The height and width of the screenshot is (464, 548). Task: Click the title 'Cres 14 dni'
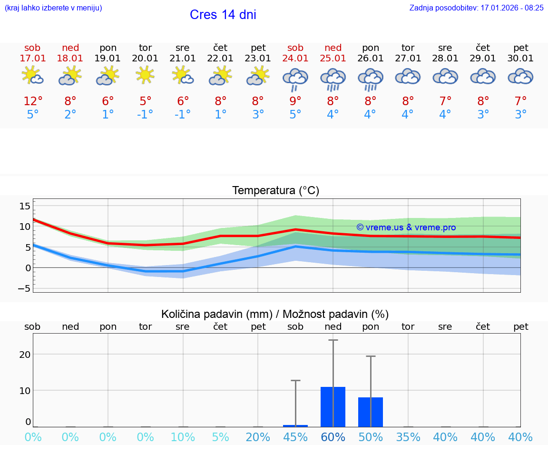(223, 15)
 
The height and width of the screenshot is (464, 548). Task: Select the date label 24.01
(295, 58)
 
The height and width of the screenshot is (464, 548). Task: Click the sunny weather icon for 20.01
(145, 75)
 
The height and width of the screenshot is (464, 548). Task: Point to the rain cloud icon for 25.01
(333, 78)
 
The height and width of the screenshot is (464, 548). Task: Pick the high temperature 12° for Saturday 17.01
(33, 101)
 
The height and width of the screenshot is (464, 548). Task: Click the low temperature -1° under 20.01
(145, 114)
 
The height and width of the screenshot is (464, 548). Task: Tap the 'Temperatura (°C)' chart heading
(275, 191)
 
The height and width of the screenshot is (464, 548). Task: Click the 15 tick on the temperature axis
(25, 206)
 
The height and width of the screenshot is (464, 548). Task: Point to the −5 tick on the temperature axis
(25, 288)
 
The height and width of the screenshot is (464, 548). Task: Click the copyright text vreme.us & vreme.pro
(406, 227)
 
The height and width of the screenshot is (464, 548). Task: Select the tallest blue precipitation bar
(333, 407)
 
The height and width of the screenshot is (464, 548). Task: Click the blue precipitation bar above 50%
(371, 412)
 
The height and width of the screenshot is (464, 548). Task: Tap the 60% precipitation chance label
(333, 437)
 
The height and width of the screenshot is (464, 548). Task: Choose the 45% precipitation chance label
(295, 437)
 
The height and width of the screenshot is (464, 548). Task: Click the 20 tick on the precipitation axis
(25, 355)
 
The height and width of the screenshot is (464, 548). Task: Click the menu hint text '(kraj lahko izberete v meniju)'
(53, 8)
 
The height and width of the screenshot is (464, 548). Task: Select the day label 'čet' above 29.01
(483, 48)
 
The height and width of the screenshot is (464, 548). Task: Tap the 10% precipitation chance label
(183, 437)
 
